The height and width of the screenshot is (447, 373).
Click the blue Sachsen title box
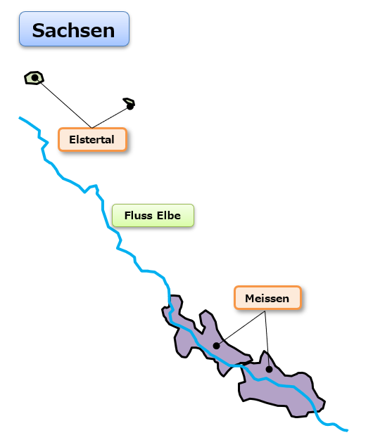[x=74, y=29]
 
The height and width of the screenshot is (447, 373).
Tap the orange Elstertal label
[x=92, y=139]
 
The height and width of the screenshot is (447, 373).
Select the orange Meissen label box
[x=267, y=297]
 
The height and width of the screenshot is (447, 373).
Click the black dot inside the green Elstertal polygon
[x=34, y=77]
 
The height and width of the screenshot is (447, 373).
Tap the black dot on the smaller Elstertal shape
[x=130, y=107]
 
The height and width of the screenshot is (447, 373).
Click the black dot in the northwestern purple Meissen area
[x=216, y=346]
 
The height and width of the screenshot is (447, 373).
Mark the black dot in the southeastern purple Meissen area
[x=269, y=370]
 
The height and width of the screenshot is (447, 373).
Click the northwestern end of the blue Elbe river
[x=20, y=117]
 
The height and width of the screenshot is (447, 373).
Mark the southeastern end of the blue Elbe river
[x=348, y=430]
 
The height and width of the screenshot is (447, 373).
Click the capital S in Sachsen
[x=39, y=30]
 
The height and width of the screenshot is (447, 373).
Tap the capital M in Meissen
[x=250, y=299]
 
